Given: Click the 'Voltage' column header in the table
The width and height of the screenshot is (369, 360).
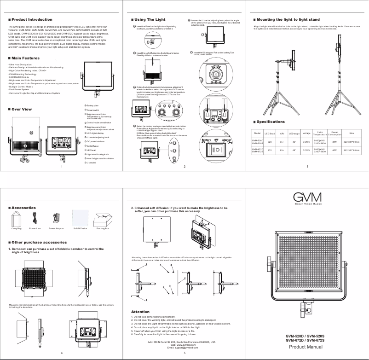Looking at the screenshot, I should click(306, 133).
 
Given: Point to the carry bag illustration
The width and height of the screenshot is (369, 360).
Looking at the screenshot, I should click(17, 218).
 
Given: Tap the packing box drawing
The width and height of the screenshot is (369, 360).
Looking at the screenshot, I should click(103, 218).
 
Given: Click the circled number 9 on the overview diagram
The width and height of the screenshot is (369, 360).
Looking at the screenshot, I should click(31, 133).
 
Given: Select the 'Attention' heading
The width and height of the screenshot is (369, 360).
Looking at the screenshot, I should click(140, 312).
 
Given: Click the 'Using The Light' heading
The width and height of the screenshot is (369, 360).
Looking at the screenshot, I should click(150, 20).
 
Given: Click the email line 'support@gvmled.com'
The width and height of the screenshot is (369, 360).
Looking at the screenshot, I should click(184, 348).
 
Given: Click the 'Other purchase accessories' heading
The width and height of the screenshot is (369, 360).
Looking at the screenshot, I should click(39, 242).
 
